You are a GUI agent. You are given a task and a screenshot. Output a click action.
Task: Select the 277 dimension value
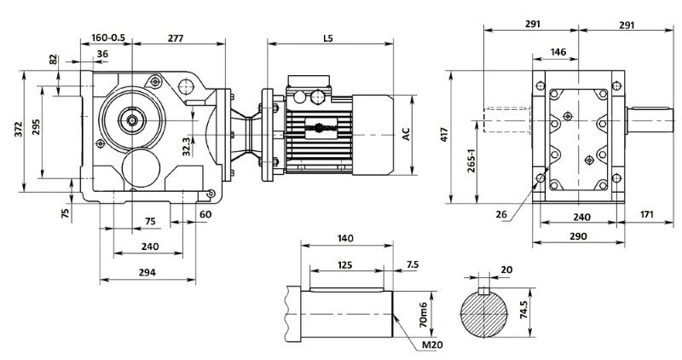[176, 38]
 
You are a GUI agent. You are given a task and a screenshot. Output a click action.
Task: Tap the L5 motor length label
[328, 38]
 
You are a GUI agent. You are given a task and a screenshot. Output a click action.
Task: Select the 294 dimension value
[150, 273]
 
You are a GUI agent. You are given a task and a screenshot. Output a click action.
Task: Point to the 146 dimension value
[558, 52]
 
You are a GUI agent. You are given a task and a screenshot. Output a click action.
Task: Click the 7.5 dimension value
[412, 265]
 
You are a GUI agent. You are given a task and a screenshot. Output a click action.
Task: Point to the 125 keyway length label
[345, 265]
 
